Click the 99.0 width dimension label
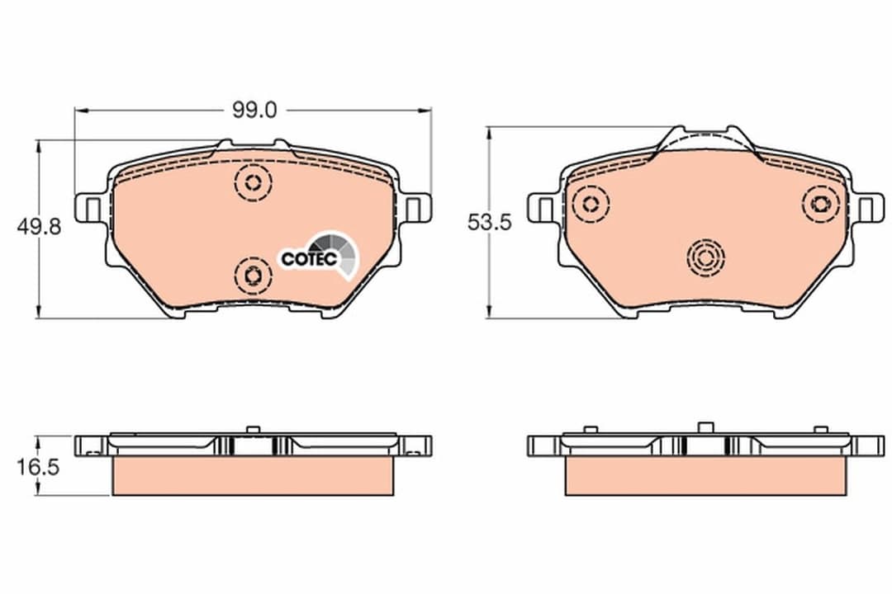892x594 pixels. click(254, 110)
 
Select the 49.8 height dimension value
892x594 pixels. click(39, 228)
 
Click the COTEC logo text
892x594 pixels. click(309, 258)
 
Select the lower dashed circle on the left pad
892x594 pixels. click(253, 274)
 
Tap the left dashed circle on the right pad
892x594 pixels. click(591, 203)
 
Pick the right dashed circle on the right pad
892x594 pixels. click(822, 203)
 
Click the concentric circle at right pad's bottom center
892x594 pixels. click(705, 258)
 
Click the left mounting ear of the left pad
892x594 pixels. click(88, 208)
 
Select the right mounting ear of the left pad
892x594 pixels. click(417, 207)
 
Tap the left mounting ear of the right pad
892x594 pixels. click(542, 208)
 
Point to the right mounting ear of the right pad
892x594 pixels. click(867, 208)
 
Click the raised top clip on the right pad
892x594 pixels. click(706, 140)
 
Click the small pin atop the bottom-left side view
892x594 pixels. click(253, 428)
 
